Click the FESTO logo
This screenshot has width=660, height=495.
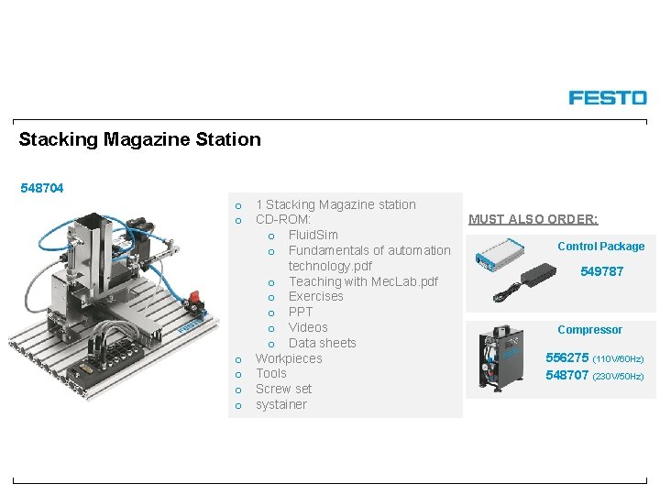(x=607, y=97)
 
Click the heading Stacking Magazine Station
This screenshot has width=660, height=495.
(x=140, y=139)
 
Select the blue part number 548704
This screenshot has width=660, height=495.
(x=42, y=188)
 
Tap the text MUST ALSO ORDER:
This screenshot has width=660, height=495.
(x=533, y=219)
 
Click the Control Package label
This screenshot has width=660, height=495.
(x=600, y=246)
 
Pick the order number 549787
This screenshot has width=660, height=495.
(x=601, y=271)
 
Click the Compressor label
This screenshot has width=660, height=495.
(x=589, y=330)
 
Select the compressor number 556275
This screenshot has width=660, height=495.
(x=567, y=357)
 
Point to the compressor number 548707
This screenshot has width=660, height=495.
(x=567, y=376)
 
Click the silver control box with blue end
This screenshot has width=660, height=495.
(x=499, y=254)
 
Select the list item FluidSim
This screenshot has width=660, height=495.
(x=313, y=235)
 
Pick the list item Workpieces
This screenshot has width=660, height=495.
(x=289, y=358)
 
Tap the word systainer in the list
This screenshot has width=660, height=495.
(x=281, y=404)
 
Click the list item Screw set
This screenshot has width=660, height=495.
(x=283, y=389)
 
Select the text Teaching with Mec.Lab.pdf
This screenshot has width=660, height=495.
(x=363, y=281)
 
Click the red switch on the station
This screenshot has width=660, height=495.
(x=193, y=299)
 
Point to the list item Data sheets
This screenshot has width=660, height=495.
(x=322, y=343)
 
